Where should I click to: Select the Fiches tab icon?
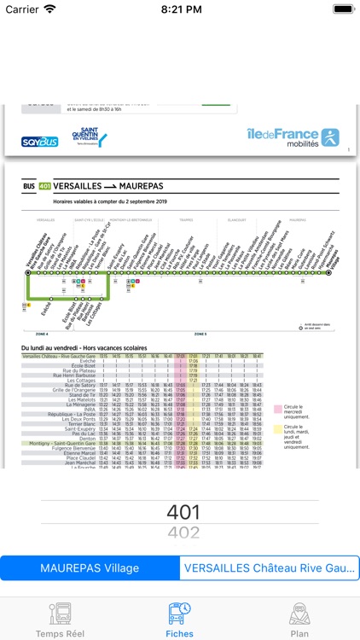(180, 611)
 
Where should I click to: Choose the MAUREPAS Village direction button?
(90, 568)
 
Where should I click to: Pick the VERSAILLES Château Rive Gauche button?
(270, 568)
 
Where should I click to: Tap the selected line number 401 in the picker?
(183, 513)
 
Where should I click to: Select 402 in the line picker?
(183, 534)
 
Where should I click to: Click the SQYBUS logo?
(40, 141)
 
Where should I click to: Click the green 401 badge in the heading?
(45, 184)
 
